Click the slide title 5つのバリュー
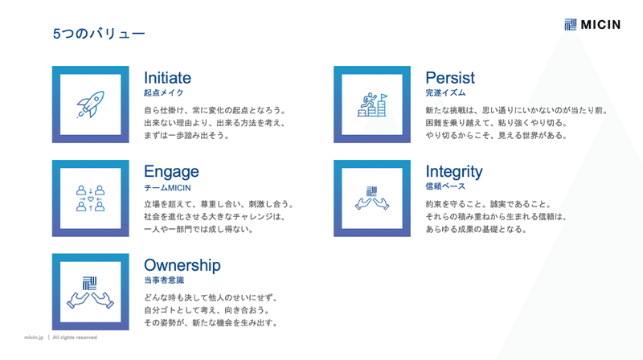pyautogui.click(x=99, y=34)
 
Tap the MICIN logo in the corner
pyautogui.click(x=592, y=25)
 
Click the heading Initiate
pyautogui.click(x=167, y=77)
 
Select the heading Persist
pyautogui.click(x=450, y=77)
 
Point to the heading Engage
pyautogui.click(x=171, y=172)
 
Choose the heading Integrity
pyautogui.click(x=454, y=172)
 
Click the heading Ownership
pyautogui.click(x=182, y=265)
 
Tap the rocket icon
pyautogui.click(x=91, y=104)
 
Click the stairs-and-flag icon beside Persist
pyautogui.click(x=372, y=104)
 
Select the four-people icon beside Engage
pyautogui.click(x=91, y=198)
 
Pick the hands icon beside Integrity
pyautogui.click(x=372, y=198)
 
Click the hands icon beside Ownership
pyautogui.click(x=91, y=292)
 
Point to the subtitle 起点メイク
pyautogui.click(x=164, y=93)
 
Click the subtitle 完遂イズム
pyautogui.click(x=445, y=93)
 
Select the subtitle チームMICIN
pyautogui.click(x=167, y=188)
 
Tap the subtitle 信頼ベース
pyautogui.click(x=445, y=186)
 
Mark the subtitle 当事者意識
pyautogui.click(x=164, y=280)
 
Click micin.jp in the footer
pyautogui.click(x=34, y=337)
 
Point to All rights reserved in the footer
pyautogui.click(x=75, y=337)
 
